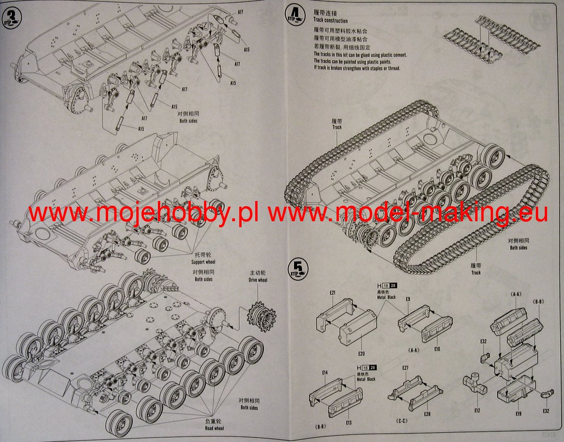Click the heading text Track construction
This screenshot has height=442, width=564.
coord(330,21)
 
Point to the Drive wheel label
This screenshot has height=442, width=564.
coord(258,280)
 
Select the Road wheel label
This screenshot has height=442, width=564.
coord(214,428)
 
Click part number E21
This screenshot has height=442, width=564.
coord(332,292)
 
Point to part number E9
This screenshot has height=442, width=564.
coord(408,299)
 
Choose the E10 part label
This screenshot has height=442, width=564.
coord(437,349)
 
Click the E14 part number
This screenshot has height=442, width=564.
coord(325,372)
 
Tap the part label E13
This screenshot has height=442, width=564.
coord(348,423)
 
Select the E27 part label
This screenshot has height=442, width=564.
coord(405,367)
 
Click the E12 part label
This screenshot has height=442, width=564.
coord(478,410)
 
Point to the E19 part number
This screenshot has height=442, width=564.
coord(518,413)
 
